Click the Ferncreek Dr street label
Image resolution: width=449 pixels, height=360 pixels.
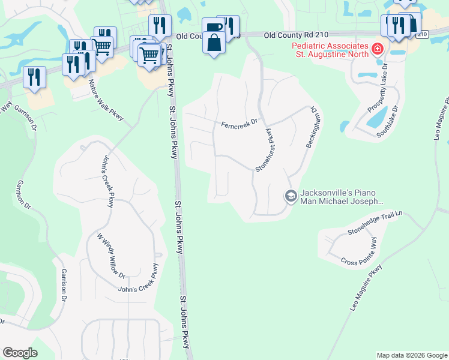pos(239,124)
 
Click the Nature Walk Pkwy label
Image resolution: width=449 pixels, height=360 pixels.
pos(105,100)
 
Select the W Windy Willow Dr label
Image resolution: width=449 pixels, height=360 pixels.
pos(112,254)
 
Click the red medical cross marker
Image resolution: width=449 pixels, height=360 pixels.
pos(378,49)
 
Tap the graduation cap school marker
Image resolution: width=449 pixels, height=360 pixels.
pos(291,196)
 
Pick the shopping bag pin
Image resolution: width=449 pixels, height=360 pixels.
pos(214,43)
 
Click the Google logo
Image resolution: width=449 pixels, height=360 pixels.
pos(20,353)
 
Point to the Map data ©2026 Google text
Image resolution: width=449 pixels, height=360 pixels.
pos(411,355)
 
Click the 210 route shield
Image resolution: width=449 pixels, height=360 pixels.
pos(422,35)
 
